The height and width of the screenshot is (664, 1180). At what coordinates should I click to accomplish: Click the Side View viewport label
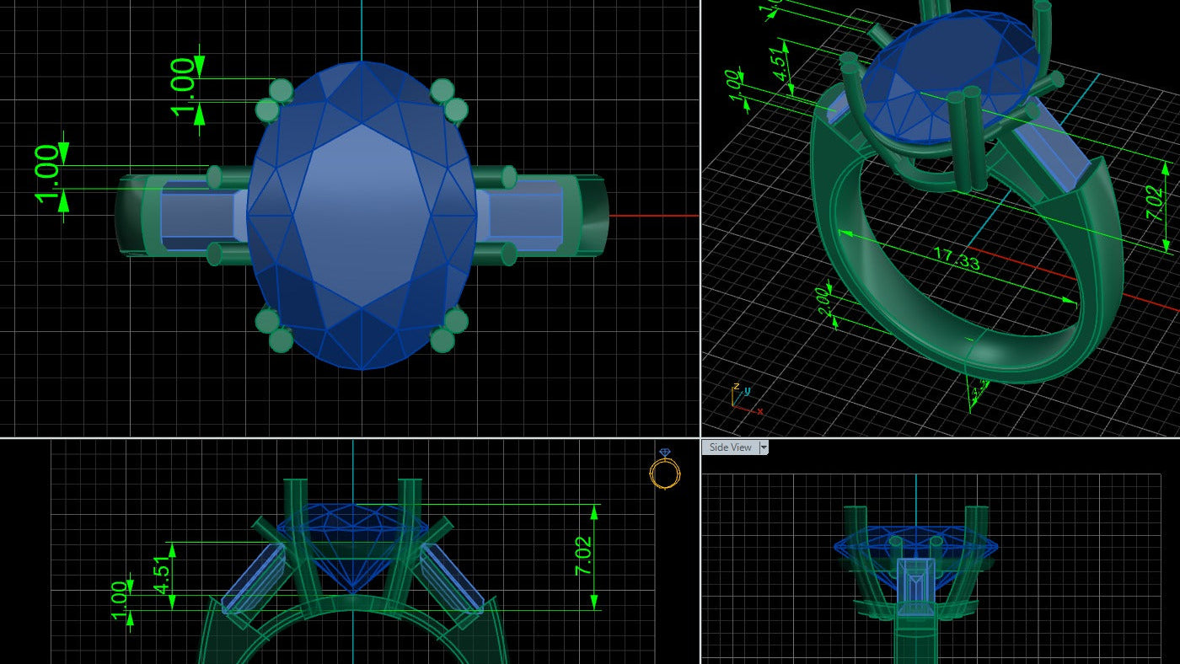730,447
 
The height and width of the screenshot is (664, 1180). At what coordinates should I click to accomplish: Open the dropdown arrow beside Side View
764,447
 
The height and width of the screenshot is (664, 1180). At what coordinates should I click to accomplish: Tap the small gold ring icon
664,472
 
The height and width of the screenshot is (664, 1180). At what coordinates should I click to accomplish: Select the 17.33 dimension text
956,260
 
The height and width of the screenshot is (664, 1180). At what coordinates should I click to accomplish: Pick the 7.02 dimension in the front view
583,556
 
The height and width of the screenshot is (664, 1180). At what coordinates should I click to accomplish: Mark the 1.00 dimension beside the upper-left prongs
185,88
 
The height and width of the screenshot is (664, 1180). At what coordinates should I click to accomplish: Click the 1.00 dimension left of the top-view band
47,175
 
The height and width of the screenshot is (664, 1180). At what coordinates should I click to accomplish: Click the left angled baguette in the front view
255,577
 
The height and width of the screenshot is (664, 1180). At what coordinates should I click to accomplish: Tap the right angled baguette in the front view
451,577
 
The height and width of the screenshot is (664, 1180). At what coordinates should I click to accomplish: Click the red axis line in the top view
653,216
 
